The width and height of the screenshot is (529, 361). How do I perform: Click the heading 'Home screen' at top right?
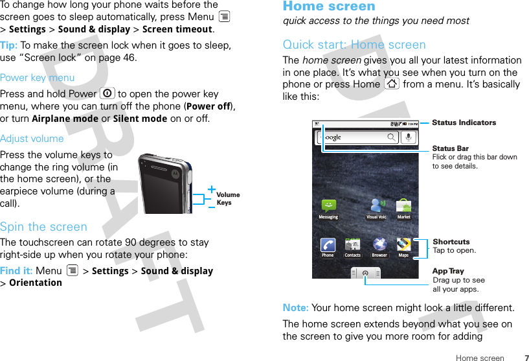point(329,6)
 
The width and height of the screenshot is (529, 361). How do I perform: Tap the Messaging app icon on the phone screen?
point(328,206)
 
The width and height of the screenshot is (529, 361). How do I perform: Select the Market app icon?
point(404,206)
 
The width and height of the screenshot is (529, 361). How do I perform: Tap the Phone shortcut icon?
point(328,245)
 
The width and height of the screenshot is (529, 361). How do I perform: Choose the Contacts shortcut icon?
point(353,245)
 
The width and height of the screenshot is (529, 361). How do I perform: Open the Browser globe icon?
point(379,245)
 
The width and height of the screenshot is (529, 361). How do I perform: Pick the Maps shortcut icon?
point(403,245)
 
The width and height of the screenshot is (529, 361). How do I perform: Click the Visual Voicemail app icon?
point(376,206)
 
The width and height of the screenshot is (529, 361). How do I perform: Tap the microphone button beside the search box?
point(409,137)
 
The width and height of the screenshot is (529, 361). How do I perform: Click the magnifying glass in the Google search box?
point(391,137)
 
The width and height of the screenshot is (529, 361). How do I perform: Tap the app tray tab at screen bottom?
point(366,273)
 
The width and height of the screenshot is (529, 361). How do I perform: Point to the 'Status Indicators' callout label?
point(464,122)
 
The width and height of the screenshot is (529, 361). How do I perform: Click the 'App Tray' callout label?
point(448,271)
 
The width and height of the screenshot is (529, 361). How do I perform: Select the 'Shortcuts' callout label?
point(451,242)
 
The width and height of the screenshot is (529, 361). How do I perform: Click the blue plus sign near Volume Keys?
point(212,189)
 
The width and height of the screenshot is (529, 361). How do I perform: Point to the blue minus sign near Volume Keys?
point(212,207)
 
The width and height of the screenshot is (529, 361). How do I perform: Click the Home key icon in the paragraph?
point(392,84)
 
